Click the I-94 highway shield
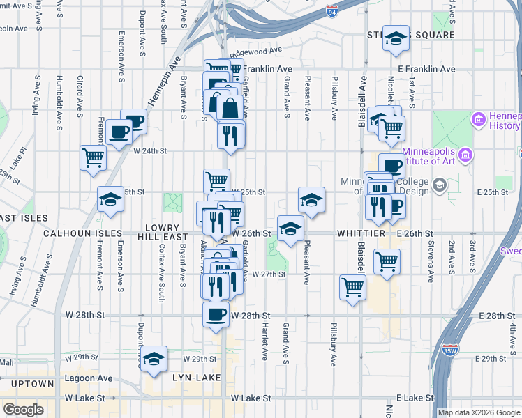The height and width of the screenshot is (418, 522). (331, 10)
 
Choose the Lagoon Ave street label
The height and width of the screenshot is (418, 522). (87, 378)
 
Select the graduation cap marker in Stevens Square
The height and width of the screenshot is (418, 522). (396, 39)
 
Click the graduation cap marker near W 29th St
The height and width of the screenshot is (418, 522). (154, 358)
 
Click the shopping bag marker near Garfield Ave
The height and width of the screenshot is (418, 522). (230, 108)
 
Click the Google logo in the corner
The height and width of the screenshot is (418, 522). (23, 410)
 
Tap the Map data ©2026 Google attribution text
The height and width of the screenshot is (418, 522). (479, 412)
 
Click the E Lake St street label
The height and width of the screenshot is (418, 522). (414, 398)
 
